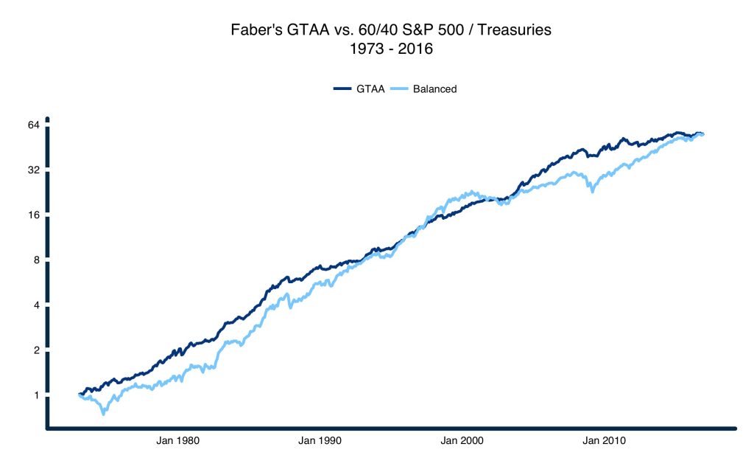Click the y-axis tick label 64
pyautogui.click(x=32, y=125)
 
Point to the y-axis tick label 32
pyautogui.click(x=32, y=170)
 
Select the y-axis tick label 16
pyautogui.click(x=32, y=215)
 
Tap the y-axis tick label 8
pyautogui.click(x=35, y=260)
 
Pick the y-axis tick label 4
pyautogui.click(x=35, y=305)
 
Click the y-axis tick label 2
pyautogui.click(x=35, y=350)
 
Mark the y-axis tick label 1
pyautogui.click(x=35, y=395)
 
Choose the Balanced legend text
pyautogui.click(x=434, y=89)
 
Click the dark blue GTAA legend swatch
pyautogui.click(x=342, y=89)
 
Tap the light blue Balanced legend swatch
pyautogui.click(x=399, y=89)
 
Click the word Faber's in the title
pyautogui.click(x=255, y=32)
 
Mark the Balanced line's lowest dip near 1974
pyautogui.click(x=103, y=414)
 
